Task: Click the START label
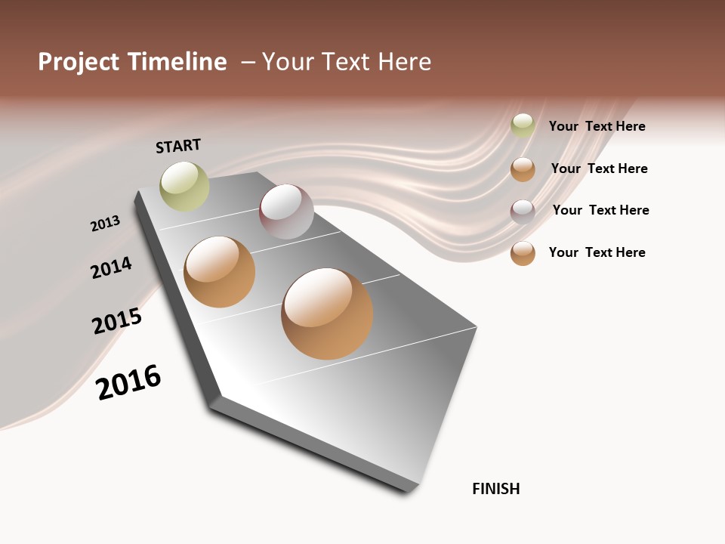click(178, 146)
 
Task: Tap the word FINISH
click(495, 489)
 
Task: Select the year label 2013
click(105, 224)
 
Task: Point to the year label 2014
click(111, 267)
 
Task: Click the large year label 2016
click(128, 382)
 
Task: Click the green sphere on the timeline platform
click(184, 187)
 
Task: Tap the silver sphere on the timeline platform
click(286, 212)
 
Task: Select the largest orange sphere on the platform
click(327, 314)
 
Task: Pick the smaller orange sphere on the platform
click(220, 272)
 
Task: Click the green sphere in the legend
click(523, 125)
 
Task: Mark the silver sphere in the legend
click(523, 211)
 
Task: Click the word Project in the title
click(81, 62)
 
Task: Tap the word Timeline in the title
click(178, 62)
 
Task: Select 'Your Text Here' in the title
click(347, 62)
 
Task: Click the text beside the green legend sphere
click(597, 126)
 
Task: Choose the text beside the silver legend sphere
click(600, 210)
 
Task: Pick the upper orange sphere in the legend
click(523, 169)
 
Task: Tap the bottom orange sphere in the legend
click(523, 253)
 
